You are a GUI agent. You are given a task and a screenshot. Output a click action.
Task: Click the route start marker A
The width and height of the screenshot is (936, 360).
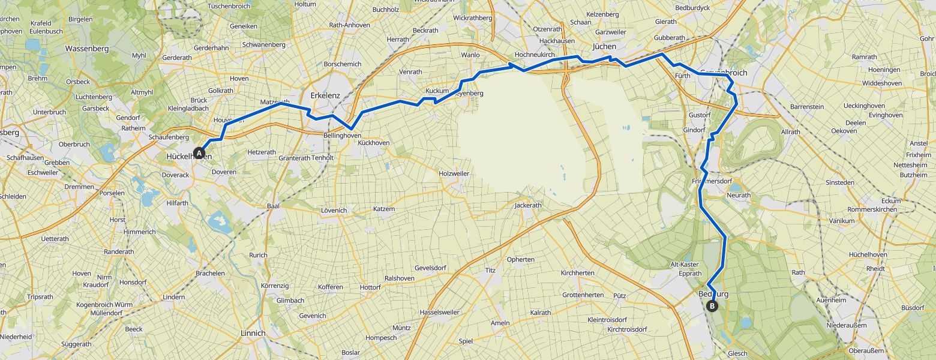pyautogui.click(x=199, y=153)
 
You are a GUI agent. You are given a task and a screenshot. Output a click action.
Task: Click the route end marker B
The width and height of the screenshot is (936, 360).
pyautogui.click(x=712, y=306)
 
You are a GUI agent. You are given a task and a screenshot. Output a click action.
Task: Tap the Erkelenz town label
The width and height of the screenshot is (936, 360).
pyautogui.click(x=325, y=95)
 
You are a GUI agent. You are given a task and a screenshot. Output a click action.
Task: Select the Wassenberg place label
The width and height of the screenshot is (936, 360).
pyautogui.click(x=86, y=48)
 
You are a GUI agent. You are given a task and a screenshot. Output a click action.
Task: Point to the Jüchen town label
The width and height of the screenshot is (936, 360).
pyautogui.click(x=604, y=46)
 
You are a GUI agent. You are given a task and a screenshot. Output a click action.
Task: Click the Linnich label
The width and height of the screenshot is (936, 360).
pyautogui.click(x=252, y=333)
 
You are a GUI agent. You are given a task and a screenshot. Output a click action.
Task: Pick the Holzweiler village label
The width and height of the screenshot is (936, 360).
pyautogui.click(x=454, y=173)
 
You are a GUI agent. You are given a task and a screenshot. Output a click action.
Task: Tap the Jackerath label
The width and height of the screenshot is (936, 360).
pyautogui.click(x=528, y=205)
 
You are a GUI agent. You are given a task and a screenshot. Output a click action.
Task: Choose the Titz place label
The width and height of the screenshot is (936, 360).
pyautogui.click(x=490, y=271)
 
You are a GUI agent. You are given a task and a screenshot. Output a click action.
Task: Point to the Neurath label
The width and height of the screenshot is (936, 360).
pyautogui.click(x=738, y=196)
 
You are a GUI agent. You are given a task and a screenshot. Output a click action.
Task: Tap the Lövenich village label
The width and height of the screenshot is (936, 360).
pyautogui.click(x=334, y=211)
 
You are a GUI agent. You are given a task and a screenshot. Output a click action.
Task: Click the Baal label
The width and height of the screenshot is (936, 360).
pyautogui.click(x=274, y=206)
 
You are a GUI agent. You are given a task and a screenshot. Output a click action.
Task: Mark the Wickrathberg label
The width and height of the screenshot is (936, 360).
pyautogui.click(x=473, y=18)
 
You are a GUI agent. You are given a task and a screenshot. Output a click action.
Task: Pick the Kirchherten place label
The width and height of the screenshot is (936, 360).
pyautogui.click(x=577, y=273)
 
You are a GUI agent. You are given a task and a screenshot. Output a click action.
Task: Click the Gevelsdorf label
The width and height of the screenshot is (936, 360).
pyautogui.click(x=431, y=268)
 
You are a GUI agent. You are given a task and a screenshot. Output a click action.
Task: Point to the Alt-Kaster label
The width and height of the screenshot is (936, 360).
pyautogui.click(x=685, y=265)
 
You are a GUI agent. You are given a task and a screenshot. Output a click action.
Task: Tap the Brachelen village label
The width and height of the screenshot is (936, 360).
pyautogui.click(x=210, y=273)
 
